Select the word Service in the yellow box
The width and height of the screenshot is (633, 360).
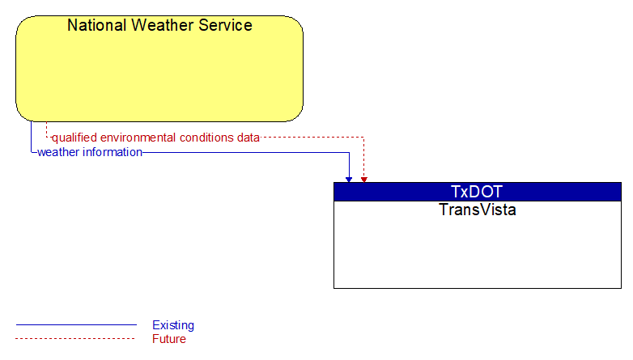pos(225,25)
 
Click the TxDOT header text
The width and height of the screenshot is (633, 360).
pos(477,192)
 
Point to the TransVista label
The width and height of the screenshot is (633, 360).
pos(477,210)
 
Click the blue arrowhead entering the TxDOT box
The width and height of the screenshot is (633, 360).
pos(349,180)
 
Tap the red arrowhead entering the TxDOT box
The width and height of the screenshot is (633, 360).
pos(363,180)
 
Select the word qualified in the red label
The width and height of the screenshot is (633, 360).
pos(74,138)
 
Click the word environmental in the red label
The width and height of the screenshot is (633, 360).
pos(138,138)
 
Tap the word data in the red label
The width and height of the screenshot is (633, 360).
pos(249,138)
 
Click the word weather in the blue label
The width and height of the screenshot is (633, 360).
pos(58,152)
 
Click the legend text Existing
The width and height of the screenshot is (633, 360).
pos(173,325)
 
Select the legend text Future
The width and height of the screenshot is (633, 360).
pos(169,339)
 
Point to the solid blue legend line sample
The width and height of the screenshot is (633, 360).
pos(76,324)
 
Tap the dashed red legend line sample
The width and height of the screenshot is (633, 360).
pos(75,338)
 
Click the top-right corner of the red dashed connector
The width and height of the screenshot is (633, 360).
pos(363,138)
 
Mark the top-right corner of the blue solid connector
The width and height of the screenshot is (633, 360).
pos(349,153)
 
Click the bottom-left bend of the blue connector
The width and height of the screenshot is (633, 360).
pos(31,153)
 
